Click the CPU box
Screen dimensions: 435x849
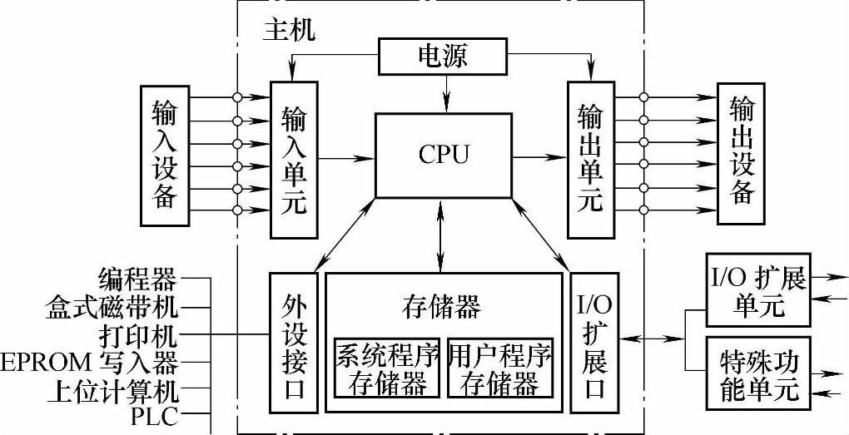443,156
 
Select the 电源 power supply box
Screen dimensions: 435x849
442,57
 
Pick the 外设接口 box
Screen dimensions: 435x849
294,342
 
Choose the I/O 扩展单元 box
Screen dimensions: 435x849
758,290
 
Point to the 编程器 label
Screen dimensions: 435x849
137,278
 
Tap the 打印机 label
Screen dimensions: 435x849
137,335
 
